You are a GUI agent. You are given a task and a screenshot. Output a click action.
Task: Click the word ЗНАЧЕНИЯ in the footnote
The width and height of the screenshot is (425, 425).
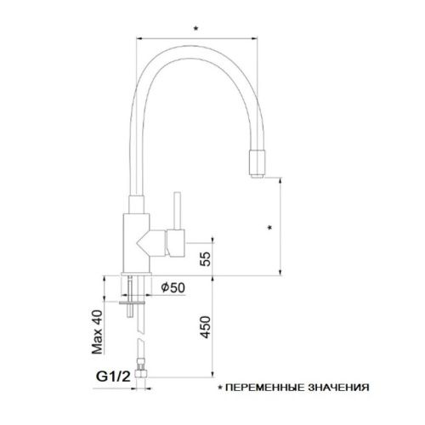(x=338, y=388)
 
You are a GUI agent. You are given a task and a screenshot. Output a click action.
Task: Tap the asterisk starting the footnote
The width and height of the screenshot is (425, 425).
(x=223, y=388)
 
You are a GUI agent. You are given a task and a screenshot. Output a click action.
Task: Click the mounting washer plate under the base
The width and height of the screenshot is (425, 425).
(x=136, y=298)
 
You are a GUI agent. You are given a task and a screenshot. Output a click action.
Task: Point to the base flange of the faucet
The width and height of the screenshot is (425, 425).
(x=138, y=275)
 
